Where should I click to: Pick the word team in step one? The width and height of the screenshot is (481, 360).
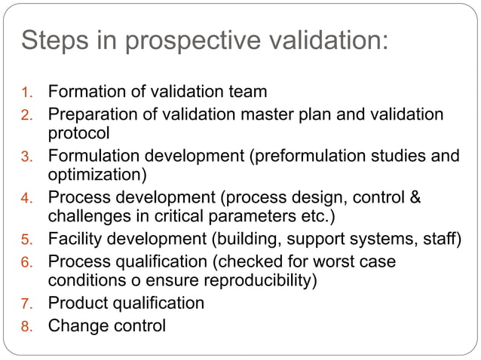click(247, 93)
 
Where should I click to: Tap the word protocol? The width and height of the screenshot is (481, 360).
click(79, 133)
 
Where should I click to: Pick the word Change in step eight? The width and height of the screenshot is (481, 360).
click(76, 326)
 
